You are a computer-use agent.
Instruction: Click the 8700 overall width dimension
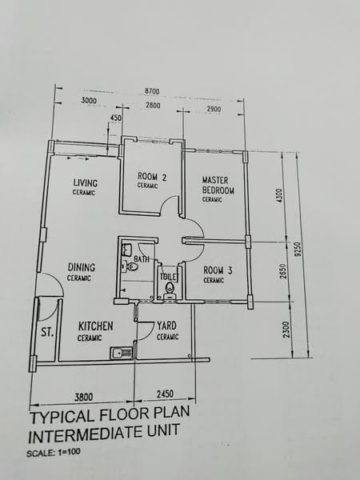tap(152, 91)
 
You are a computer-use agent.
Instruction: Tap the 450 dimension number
tap(115, 118)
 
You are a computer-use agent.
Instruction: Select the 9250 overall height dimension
tap(298, 250)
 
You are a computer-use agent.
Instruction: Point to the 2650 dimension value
tap(284, 271)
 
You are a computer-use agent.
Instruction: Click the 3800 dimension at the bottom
tap(83, 397)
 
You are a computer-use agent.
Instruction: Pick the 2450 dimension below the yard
tap(165, 394)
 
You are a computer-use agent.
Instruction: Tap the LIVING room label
tap(86, 182)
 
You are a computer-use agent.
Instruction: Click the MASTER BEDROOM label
tap(218, 186)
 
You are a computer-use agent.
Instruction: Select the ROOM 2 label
tap(152, 177)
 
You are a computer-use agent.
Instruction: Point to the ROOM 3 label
tap(218, 270)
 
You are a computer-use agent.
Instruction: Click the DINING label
tap(82, 267)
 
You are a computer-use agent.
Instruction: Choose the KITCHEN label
tap(95, 326)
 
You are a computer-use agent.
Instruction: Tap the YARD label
tap(167, 326)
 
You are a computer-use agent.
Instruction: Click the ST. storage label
tap(47, 332)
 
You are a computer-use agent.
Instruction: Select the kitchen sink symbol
tap(122, 353)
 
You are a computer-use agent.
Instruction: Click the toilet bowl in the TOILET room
tap(169, 290)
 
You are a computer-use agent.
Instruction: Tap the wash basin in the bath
tap(127, 250)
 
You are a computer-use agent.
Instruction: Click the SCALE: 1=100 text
tap(54, 453)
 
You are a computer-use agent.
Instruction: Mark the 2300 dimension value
tap(286, 330)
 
